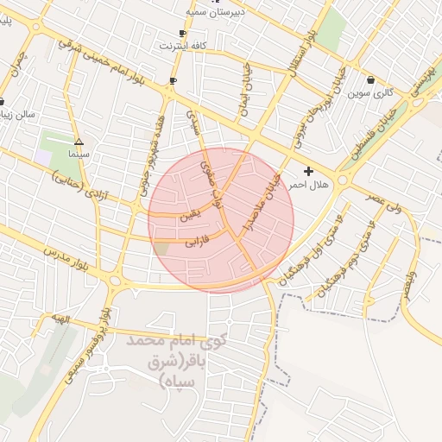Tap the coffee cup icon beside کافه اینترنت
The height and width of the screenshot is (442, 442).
(x=182, y=32)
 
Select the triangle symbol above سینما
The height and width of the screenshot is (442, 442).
(x=79, y=141)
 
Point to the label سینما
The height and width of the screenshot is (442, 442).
(x=78, y=155)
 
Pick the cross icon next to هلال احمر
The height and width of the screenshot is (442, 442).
(x=308, y=172)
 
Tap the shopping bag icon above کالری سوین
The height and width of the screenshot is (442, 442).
(x=370, y=80)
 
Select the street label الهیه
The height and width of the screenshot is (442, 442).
(x=59, y=318)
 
